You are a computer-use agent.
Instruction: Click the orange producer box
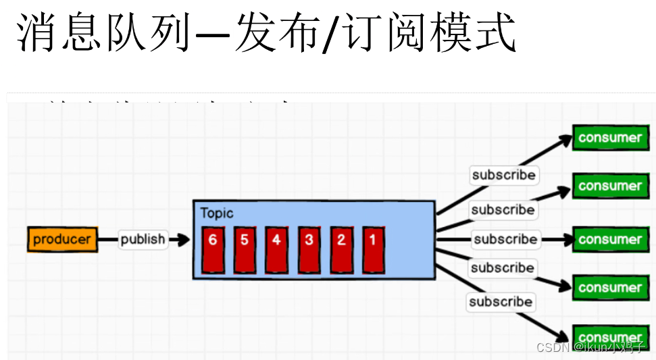pos(62,239)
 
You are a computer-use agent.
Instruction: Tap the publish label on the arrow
pos(143,239)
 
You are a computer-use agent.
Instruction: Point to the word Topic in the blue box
pos(217,213)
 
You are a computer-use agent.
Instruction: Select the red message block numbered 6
pos(212,249)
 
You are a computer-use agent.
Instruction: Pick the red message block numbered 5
pos(245,249)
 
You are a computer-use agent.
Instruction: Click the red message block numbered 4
pos(276,249)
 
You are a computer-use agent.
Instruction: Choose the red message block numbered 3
pos(309,249)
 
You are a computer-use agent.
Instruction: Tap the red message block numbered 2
pos(341,249)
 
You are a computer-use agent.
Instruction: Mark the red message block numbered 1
pos(372,249)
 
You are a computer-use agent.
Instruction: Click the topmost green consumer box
pos(609,138)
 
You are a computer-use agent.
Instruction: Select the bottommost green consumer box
pos(609,336)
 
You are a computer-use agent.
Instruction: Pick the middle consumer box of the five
pos(609,239)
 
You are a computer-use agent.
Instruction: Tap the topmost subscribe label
pos(504,175)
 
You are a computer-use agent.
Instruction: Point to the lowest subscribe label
pos(501,301)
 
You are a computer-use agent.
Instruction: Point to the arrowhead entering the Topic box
pos(183,239)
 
